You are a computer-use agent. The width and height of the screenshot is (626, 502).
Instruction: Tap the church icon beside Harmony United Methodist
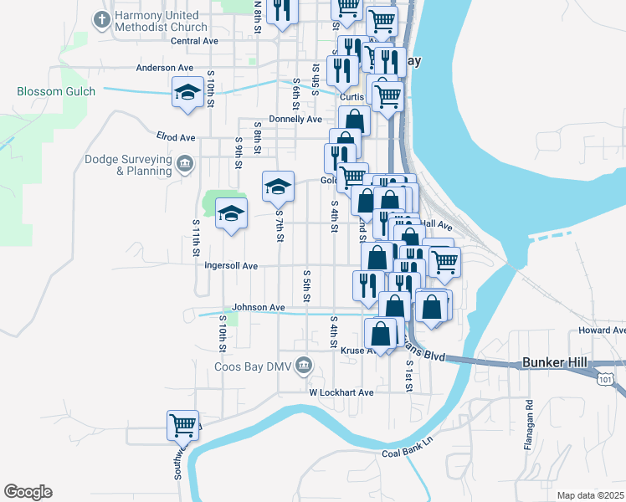click(102, 18)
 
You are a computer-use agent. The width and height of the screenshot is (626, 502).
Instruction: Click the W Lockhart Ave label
click(341, 392)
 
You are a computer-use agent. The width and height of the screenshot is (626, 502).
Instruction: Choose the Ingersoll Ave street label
click(230, 266)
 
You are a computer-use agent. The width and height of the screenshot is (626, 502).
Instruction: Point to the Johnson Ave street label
click(259, 307)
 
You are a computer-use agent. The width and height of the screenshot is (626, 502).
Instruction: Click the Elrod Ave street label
click(175, 136)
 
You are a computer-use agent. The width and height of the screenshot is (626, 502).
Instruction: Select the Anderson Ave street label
click(164, 68)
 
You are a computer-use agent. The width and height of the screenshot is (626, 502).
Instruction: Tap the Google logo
click(28, 492)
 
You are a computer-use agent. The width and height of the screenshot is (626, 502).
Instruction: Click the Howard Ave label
click(601, 330)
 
